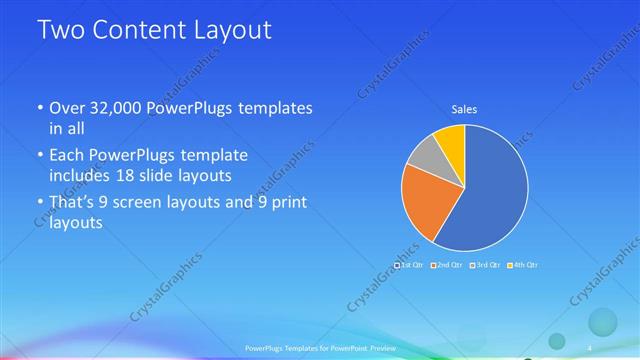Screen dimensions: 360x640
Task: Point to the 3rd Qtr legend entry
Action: pyautogui.click(x=487, y=265)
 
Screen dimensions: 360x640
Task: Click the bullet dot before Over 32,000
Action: pyautogui.click(x=40, y=108)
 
